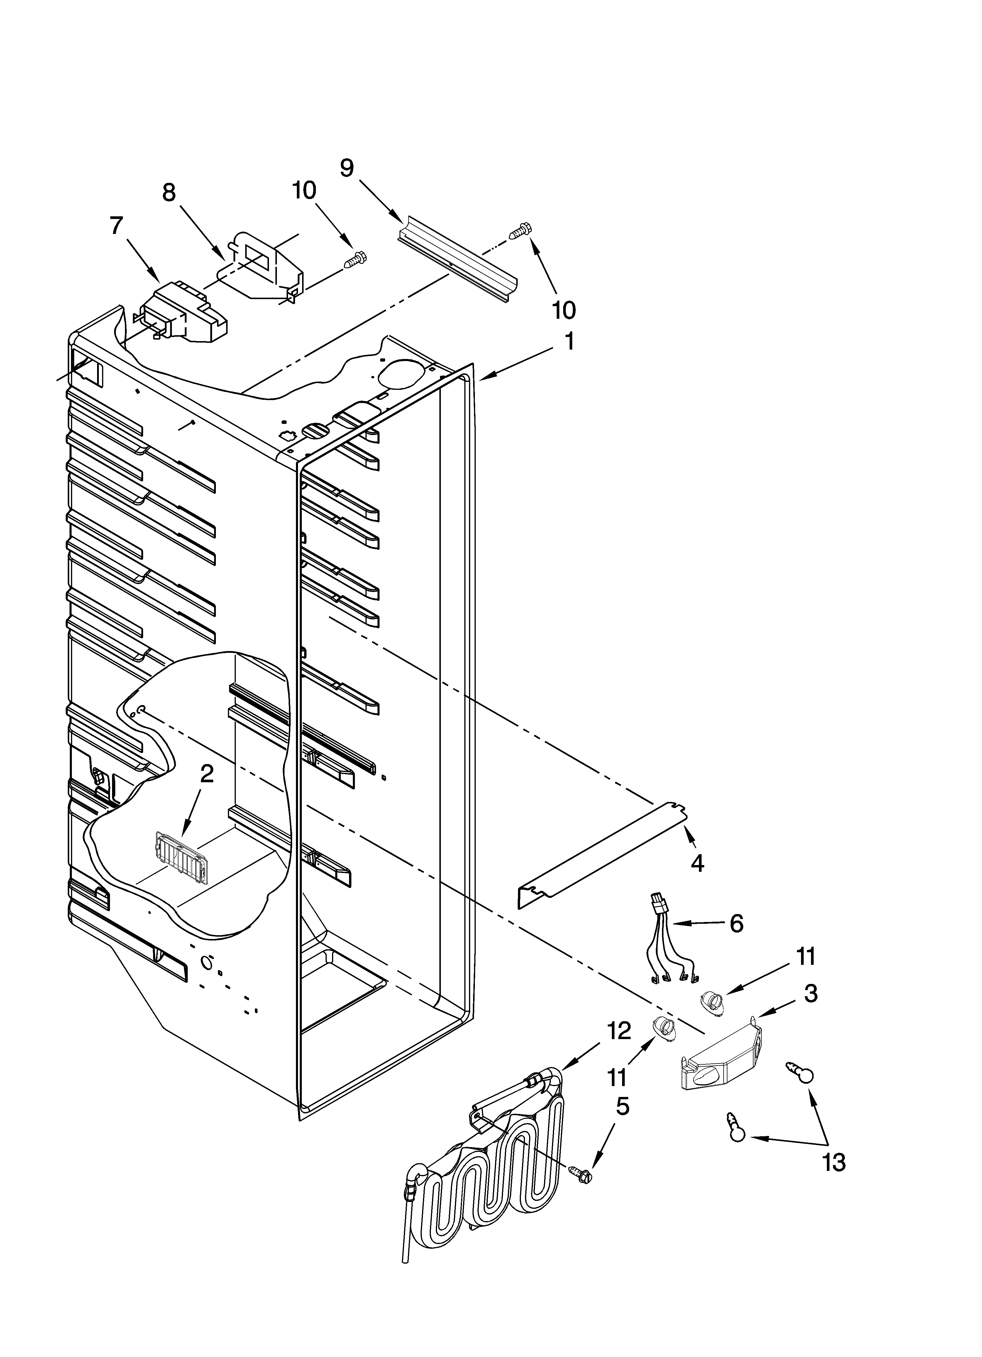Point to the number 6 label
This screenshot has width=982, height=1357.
pos(736,924)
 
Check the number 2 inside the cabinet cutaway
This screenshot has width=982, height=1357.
pos(206,774)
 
